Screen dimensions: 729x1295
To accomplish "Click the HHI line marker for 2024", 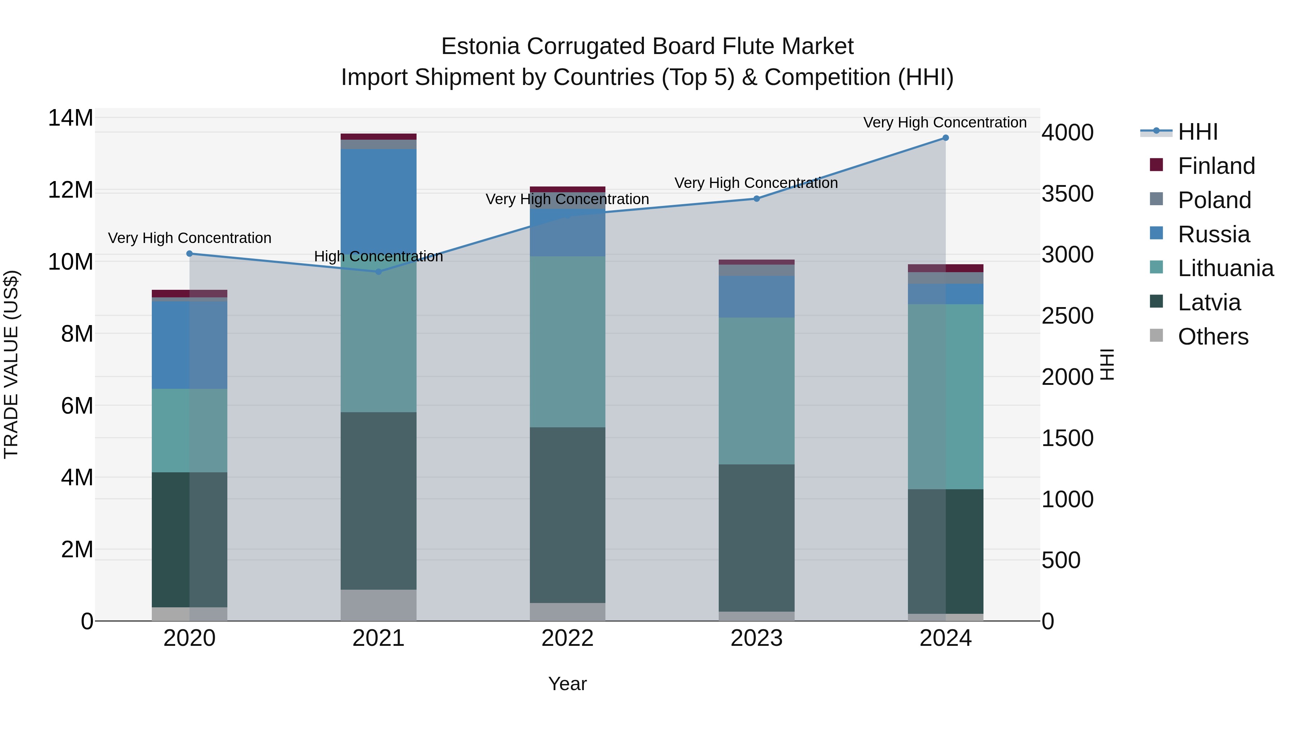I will (x=945, y=138).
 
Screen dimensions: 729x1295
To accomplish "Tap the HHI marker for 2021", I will (x=378, y=272).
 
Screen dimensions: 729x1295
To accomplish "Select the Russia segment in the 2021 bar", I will (x=378, y=201).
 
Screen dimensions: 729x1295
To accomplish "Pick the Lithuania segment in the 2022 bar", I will (x=568, y=342).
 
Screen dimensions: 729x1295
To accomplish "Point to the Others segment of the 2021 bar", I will (x=378, y=605).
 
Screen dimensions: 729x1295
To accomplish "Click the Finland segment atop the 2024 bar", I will (x=945, y=268).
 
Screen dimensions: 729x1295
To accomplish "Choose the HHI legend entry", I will (x=1197, y=132).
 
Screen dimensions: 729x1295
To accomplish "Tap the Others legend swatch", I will (x=1156, y=336).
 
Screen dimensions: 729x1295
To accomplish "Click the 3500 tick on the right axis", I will (x=1067, y=194).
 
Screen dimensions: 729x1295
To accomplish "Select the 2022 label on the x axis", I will (x=568, y=638).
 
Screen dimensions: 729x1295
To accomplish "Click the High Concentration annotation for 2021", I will (x=378, y=257).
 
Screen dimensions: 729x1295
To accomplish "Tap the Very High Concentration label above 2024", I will (x=945, y=122).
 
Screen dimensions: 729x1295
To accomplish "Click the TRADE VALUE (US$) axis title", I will (x=11, y=364).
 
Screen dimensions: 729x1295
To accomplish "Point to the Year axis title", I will (x=568, y=684).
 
